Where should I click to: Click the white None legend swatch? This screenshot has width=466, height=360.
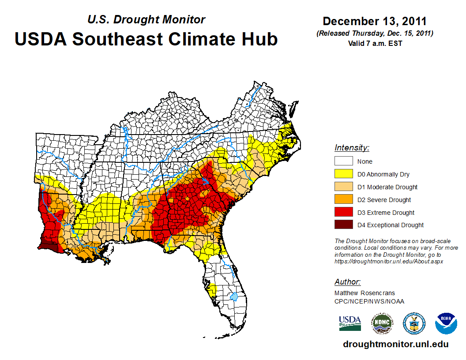tap(343, 161)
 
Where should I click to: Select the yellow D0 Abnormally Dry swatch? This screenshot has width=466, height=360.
tap(343, 174)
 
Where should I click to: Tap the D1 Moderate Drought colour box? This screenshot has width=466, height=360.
tap(343, 187)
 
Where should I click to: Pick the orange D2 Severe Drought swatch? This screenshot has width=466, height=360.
tap(343, 200)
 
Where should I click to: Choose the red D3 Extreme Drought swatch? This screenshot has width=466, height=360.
tap(343, 213)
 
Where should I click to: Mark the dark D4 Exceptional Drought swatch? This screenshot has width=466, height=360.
tap(343, 225)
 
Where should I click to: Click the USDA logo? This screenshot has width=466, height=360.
tap(350, 323)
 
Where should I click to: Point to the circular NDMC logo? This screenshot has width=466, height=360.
tap(382, 323)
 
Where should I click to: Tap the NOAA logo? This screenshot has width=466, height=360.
tap(446, 323)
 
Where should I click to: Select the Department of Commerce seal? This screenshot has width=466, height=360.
tap(414, 323)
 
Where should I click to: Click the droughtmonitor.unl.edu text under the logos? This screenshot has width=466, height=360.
tap(395, 345)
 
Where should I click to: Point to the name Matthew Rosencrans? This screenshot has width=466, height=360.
tap(365, 293)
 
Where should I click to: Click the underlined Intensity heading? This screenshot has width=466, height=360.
tap(352, 148)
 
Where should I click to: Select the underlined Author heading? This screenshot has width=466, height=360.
tap(347, 282)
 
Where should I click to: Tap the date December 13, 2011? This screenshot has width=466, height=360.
tap(374, 21)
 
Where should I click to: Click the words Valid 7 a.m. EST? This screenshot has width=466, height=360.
tap(375, 43)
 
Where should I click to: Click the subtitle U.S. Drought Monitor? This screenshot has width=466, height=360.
tap(146, 19)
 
